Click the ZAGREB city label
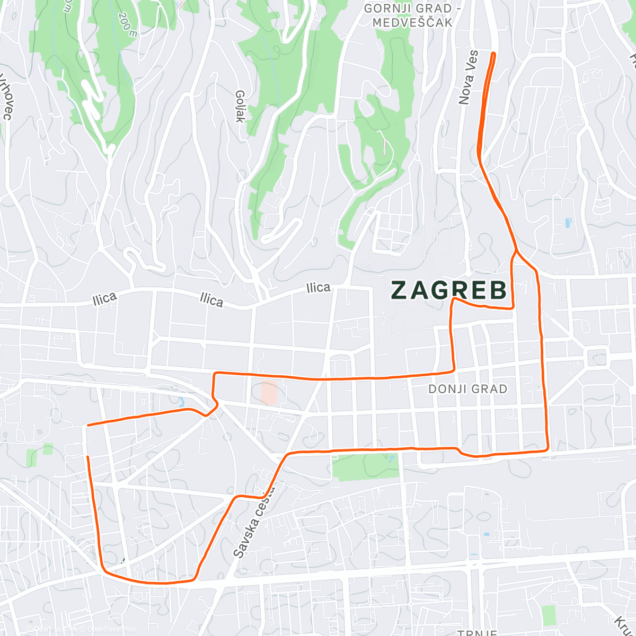tap(449, 290)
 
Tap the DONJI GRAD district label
tap(467, 389)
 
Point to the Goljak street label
tap(240, 106)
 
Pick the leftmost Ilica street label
tap(104, 299)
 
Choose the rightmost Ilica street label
tap(319, 288)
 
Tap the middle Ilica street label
tap(211, 300)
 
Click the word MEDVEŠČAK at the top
tap(412, 22)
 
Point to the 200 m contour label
tap(128, 24)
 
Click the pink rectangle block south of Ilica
tap(269, 393)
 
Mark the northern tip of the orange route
tap(494, 54)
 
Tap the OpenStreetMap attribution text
tap(109, 629)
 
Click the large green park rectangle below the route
tap(365, 466)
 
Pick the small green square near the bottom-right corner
tap(549, 615)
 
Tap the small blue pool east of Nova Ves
tap(568, 223)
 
